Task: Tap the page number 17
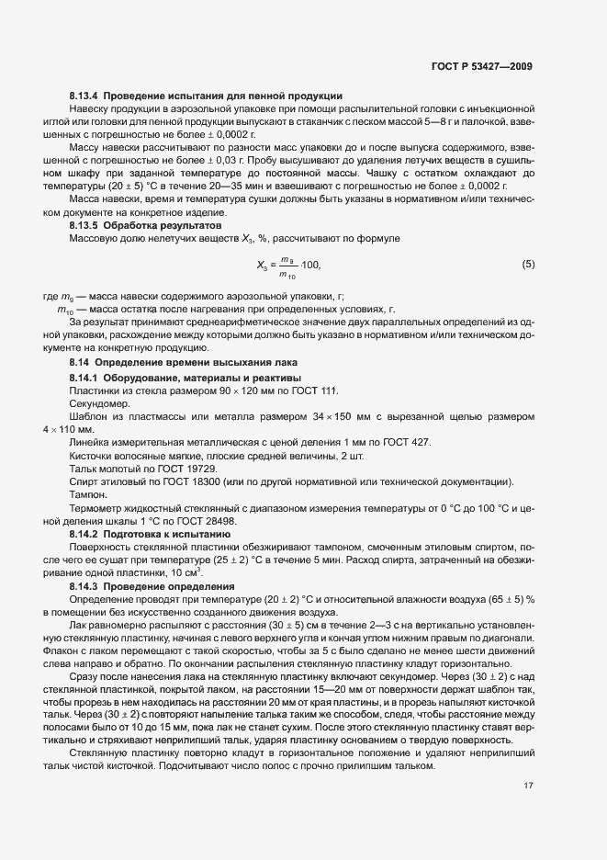[527, 786]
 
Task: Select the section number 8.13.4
[84, 96]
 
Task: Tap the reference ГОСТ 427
[407, 443]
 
